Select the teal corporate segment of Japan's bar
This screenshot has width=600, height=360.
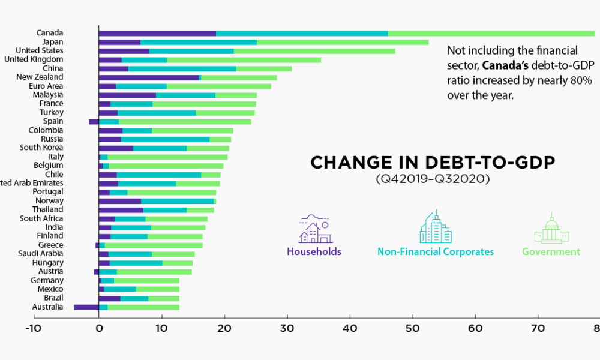tap(199, 42)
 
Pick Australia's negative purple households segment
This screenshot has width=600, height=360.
tap(86, 307)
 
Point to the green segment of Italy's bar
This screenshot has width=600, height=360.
tap(167, 157)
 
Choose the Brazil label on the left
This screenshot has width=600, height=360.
tap(52, 298)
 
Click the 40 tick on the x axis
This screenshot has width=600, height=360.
tap(350, 328)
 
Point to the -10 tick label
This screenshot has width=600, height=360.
tap(33, 328)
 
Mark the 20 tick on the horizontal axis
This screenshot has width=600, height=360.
tap(224, 328)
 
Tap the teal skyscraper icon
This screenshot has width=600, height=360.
tap(435, 227)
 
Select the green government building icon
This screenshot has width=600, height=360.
tap(551, 228)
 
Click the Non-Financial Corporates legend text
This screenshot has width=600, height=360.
tap(436, 252)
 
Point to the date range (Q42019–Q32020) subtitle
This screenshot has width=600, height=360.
tap(432, 179)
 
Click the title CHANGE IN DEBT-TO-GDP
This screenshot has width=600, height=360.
tap(432, 163)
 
